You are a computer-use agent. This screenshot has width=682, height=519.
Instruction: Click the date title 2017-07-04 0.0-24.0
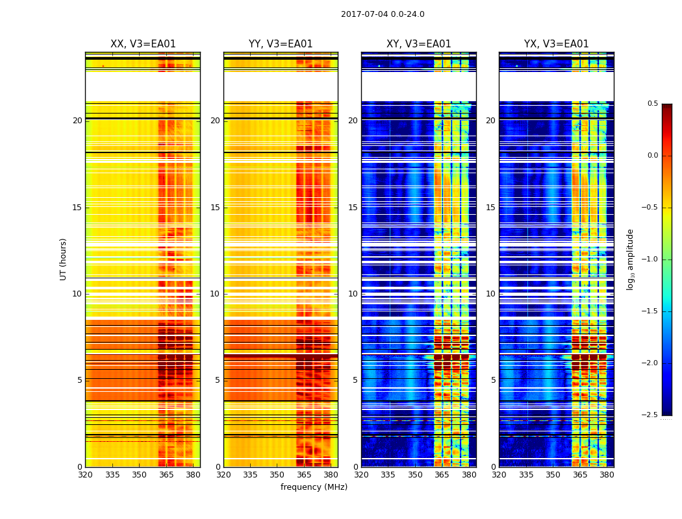coord(383,14)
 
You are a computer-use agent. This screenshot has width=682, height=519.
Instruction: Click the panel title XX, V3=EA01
coord(143,44)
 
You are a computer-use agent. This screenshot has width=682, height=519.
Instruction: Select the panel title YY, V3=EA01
coord(281,44)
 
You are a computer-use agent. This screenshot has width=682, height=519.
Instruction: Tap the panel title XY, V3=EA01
coord(418,44)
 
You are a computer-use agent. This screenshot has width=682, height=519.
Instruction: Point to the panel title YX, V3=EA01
coord(556,44)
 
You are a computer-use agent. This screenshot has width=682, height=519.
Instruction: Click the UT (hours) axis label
coord(63,259)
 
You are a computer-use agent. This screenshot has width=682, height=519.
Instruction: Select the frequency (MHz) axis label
coord(314,487)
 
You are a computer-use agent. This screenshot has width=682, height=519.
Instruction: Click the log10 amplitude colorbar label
coord(630,259)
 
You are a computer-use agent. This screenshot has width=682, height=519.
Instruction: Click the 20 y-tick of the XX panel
coord(77,121)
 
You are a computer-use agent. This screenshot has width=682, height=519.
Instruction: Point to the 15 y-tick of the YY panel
coord(216,208)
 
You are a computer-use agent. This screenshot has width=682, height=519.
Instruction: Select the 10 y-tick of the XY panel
coord(353,294)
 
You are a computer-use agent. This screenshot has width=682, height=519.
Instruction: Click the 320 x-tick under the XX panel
coord(86,475)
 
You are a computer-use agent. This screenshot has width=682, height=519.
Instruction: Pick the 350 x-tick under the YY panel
coord(277,475)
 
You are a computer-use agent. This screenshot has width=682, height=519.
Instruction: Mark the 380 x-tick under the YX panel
coord(607,475)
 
